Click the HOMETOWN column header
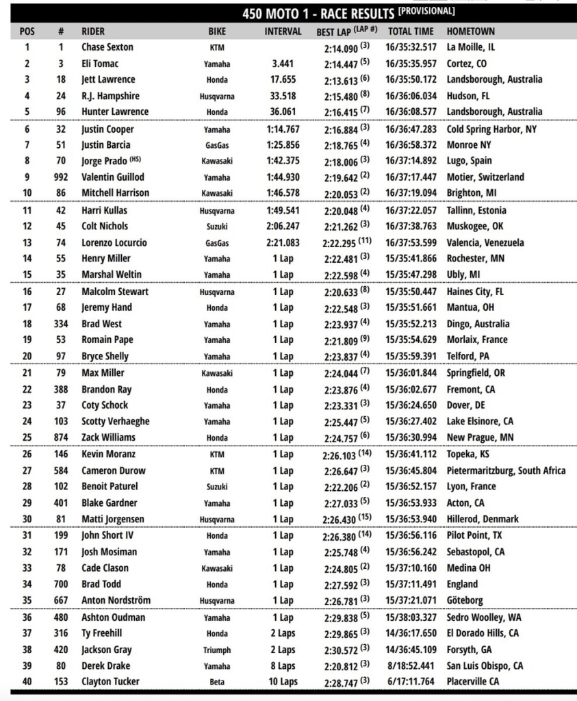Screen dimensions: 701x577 tap(470, 31)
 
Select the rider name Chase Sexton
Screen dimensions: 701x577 tap(107, 47)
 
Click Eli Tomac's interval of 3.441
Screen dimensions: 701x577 tap(283, 64)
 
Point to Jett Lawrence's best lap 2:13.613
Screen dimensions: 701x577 tap(346, 79)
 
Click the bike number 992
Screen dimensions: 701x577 tap(61, 177)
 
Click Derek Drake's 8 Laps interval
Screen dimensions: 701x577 tap(283, 666)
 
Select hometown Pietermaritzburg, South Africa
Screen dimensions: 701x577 tap(506, 470)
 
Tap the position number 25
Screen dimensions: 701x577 tap(27, 437)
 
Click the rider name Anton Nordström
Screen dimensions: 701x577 tap(116, 600)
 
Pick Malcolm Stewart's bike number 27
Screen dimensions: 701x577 tap(61, 292)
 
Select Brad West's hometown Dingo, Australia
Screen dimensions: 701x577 tap(478, 324)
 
